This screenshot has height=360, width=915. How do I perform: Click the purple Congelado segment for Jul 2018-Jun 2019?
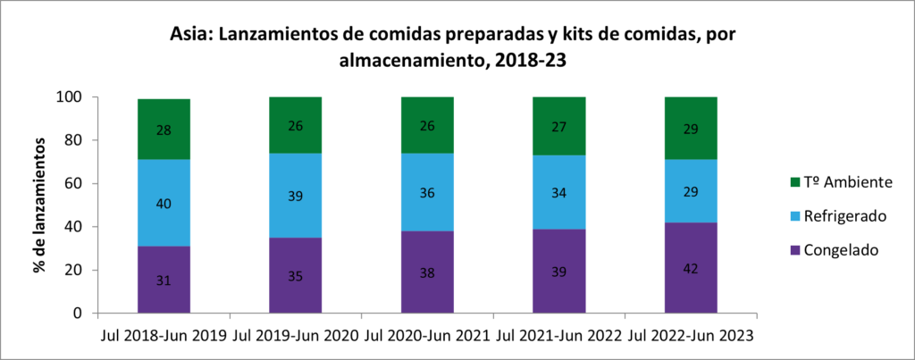click(x=164, y=280)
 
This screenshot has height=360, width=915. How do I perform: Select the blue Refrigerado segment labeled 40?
click(x=164, y=203)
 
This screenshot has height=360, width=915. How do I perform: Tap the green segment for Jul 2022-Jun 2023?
click(x=691, y=129)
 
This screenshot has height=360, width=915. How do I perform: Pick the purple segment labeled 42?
click(x=691, y=268)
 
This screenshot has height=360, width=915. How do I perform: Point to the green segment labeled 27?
click(x=559, y=126)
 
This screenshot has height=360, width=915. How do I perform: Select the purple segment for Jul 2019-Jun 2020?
click(x=296, y=275)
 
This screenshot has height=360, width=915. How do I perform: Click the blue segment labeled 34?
click(x=559, y=192)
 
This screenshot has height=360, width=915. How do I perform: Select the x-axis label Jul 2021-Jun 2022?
click(x=559, y=336)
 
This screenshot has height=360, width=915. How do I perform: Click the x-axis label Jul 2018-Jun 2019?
click(x=163, y=336)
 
